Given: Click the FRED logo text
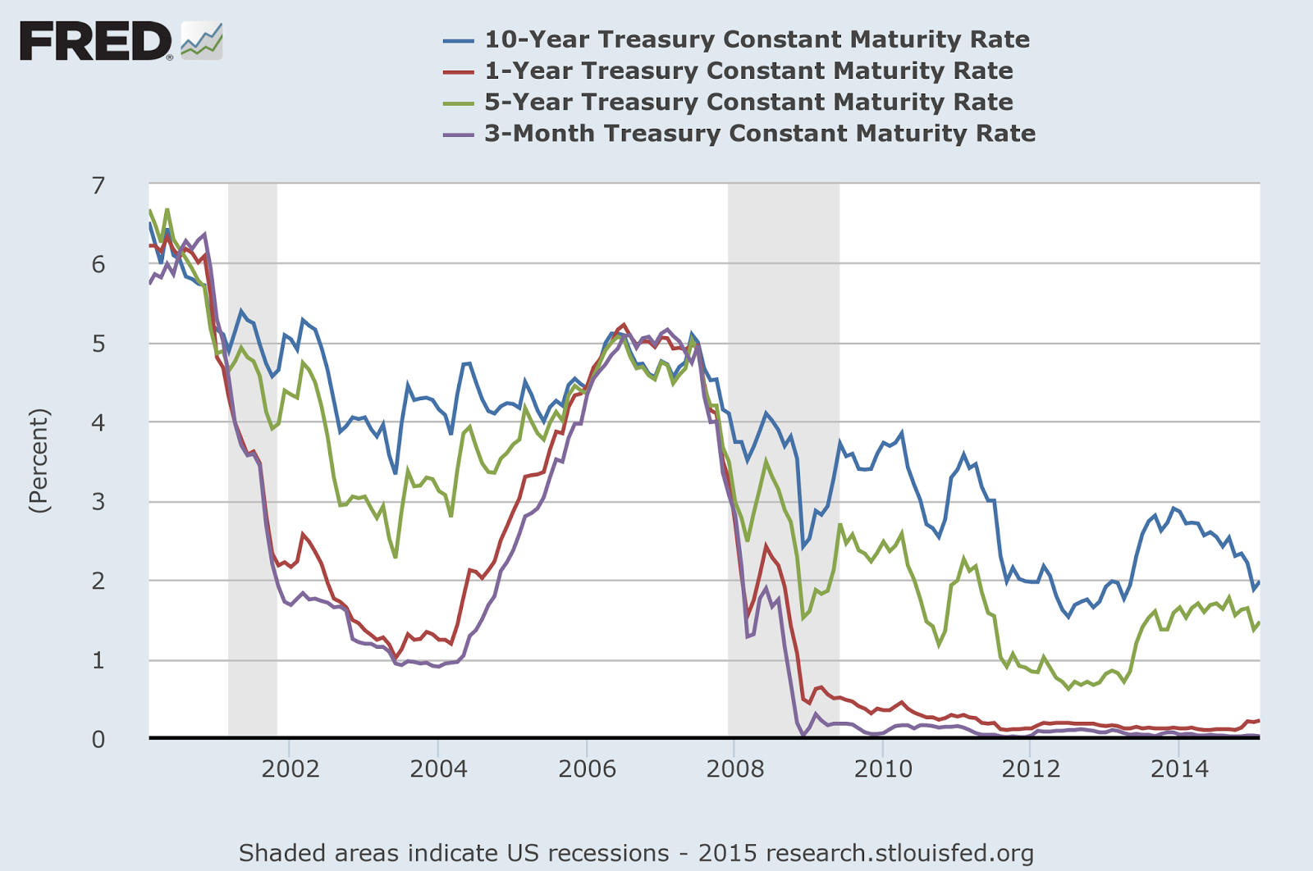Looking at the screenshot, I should pyautogui.click(x=95, y=41).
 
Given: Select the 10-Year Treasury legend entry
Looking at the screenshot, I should pyautogui.click(x=757, y=39).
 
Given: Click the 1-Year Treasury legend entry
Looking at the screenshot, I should pyautogui.click(x=748, y=71).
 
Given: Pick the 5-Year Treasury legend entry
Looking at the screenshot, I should pyautogui.click(x=748, y=102).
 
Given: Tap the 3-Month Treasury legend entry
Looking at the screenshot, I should pyautogui.click(x=760, y=133).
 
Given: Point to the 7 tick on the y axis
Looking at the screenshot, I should pyautogui.click(x=98, y=185).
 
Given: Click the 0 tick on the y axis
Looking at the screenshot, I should pyautogui.click(x=98, y=739).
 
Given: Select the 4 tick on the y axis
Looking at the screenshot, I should pyautogui.click(x=98, y=422).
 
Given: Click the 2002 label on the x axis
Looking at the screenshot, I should pyautogui.click(x=290, y=768).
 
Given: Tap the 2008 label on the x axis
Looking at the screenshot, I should pyautogui.click(x=734, y=768).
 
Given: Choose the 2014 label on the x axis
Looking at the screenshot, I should pyautogui.click(x=1179, y=768).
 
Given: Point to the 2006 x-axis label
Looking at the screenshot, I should pyautogui.click(x=587, y=768).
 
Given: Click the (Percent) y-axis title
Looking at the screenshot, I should pyautogui.click(x=39, y=461).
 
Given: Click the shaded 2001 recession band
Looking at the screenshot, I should pyautogui.click(x=252, y=459).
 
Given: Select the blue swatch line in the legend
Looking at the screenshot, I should pyautogui.click(x=458, y=40).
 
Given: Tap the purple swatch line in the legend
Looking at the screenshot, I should pyautogui.click(x=458, y=134).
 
